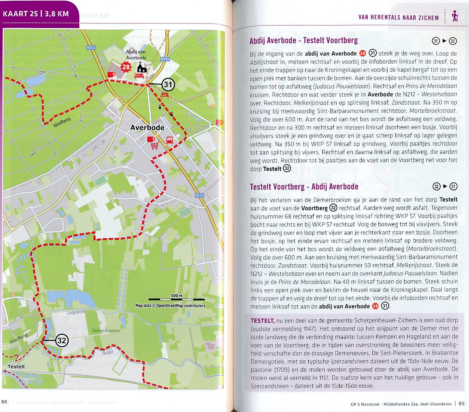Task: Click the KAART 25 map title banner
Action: [x=36, y=14]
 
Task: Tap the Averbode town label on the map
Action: [x=147, y=128]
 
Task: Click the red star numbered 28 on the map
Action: [x=126, y=67]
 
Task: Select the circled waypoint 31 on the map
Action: [x=168, y=84]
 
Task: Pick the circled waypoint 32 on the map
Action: [x=62, y=341]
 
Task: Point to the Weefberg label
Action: [x=62, y=122]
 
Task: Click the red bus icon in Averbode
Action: [x=169, y=140]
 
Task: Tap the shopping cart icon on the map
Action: [x=155, y=146]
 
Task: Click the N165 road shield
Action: [x=165, y=59]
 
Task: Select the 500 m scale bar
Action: [x=177, y=299]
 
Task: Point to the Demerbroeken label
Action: [x=106, y=331]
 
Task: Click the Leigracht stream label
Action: [x=76, y=312]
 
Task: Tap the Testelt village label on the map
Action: [x=16, y=367]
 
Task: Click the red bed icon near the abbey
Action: [x=139, y=75]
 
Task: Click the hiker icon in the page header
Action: [x=455, y=16]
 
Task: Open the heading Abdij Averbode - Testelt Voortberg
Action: [x=304, y=41]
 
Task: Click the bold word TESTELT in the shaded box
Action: [x=262, y=321]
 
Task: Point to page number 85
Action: [x=461, y=404]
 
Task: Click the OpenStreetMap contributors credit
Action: [x=170, y=306]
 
